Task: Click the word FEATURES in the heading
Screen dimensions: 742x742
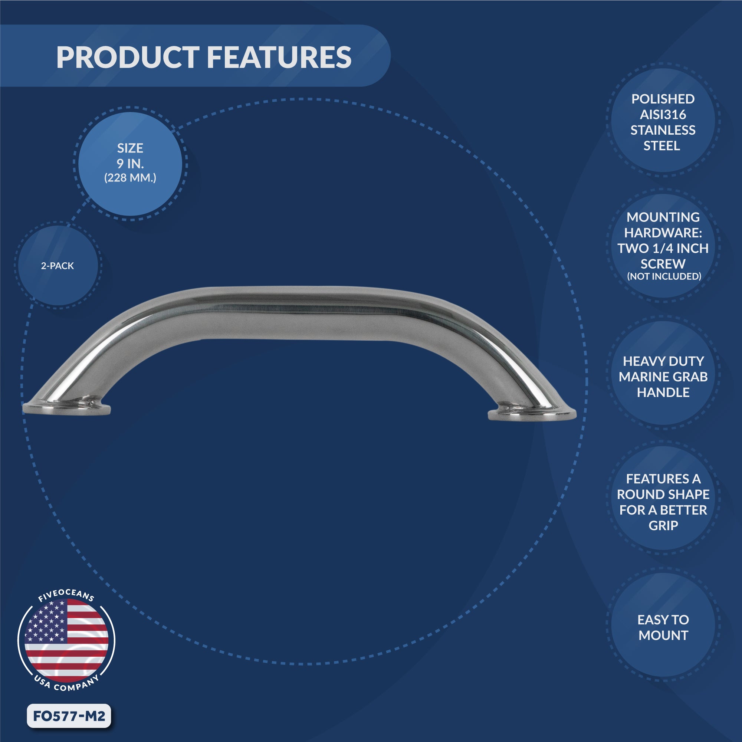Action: (279, 58)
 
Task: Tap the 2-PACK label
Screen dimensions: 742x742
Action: (57, 266)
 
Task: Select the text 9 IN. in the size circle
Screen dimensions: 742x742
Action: (130, 164)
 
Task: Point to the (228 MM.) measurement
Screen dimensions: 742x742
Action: (130, 178)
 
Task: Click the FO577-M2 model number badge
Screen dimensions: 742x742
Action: (69, 716)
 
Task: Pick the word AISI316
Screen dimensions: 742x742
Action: (663, 114)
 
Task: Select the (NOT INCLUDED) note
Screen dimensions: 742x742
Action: (664, 276)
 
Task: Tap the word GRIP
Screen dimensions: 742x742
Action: (663, 525)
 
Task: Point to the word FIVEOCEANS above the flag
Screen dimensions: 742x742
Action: (66, 594)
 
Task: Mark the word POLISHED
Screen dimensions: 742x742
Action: (663, 99)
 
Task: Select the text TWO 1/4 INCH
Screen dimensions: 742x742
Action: (663, 249)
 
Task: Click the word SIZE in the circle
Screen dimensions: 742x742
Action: (130, 148)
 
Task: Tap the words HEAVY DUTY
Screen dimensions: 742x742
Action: (663, 361)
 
